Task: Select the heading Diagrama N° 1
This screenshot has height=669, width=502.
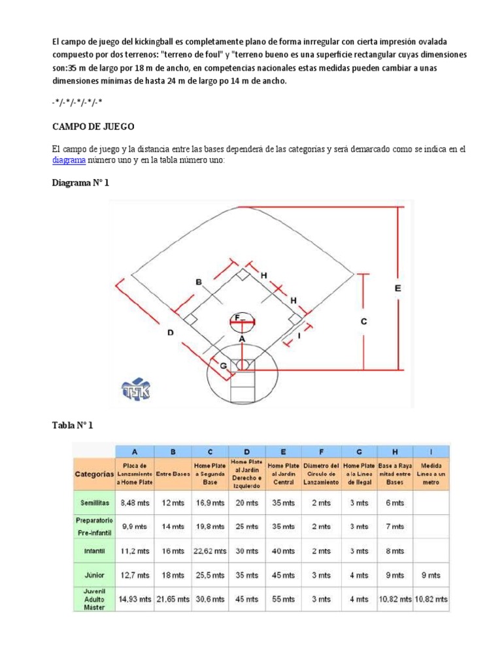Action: pyautogui.click(x=80, y=183)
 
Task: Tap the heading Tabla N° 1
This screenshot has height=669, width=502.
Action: pyautogui.click(x=73, y=425)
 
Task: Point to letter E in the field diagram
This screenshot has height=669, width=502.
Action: pyautogui.click(x=398, y=288)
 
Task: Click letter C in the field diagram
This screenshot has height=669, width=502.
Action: pyautogui.click(x=364, y=321)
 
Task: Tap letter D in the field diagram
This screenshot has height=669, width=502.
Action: pyautogui.click(x=171, y=333)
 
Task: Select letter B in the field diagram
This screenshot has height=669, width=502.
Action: pyautogui.click(x=199, y=282)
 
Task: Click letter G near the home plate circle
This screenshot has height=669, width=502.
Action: pyautogui.click(x=224, y=366)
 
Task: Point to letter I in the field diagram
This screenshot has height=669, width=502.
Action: pyautogui.click(x=298, y=336)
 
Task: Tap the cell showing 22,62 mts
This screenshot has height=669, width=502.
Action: pyautogui.click(x=210, y=551)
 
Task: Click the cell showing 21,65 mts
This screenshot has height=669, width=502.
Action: pyautogui.click(x=172, y=598)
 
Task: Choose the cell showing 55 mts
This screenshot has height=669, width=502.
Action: pyautogui.click(x=282, y=598)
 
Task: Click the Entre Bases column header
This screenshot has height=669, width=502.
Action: pyautogui.click(x=173, y=473)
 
